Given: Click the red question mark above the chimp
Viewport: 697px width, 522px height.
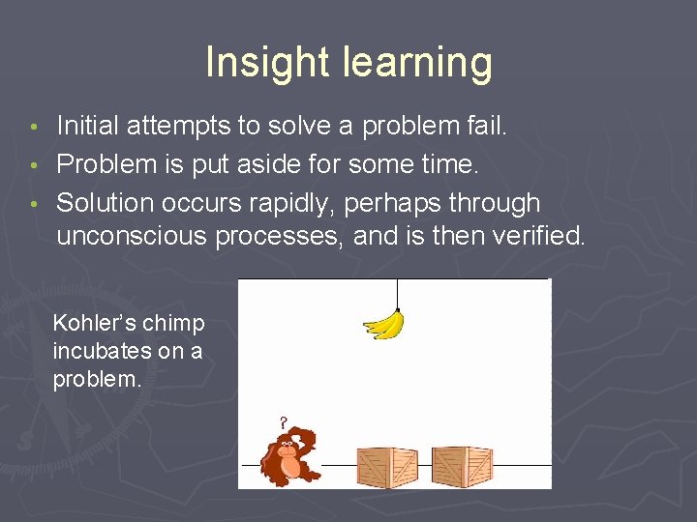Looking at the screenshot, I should click(x=283, y=422).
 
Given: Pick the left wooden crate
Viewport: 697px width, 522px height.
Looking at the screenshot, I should click(x=386, y=466).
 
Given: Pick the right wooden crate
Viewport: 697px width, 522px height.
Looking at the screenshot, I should click(x=462, y=466).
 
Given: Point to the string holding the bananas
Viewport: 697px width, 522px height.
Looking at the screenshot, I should click(x=397, y=294).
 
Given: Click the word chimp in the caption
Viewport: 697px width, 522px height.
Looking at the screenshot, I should click(x=178, y=323).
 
